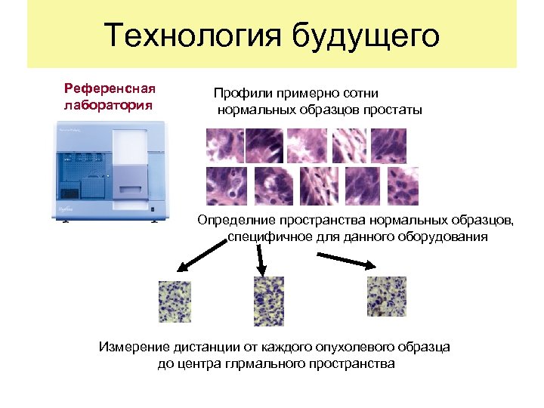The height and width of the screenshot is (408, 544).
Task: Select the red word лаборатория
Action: (108, 104)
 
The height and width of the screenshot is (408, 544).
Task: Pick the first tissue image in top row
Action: (224, 146)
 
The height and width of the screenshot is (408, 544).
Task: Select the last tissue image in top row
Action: (390, 146)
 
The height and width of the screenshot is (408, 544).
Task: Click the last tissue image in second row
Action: (402, 186)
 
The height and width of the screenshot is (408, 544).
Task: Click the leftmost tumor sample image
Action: (175, 301)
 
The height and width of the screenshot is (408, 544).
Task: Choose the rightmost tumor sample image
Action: (386, 296)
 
